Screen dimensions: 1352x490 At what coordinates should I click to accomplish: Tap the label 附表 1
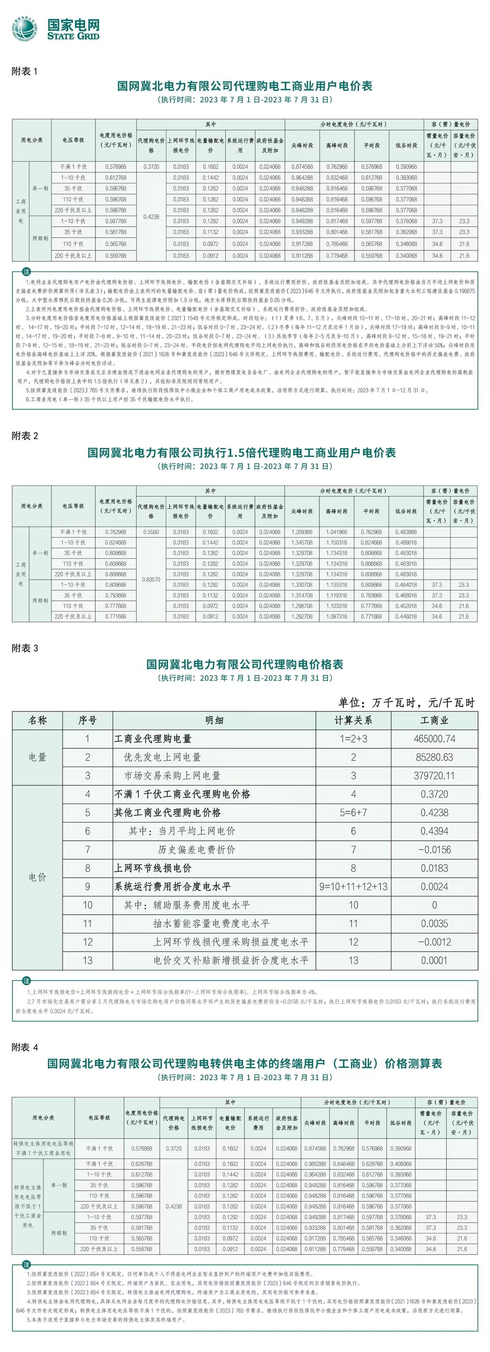tap(24, 71)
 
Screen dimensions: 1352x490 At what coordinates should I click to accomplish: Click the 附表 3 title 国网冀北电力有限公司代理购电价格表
tap(245, 664)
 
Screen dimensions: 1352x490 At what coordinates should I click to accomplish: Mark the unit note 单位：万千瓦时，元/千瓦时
tap(406, 702)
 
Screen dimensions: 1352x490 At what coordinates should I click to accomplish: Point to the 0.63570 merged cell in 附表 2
tap(151, 579)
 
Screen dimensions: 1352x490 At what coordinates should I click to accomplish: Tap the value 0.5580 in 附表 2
tap(151, 532)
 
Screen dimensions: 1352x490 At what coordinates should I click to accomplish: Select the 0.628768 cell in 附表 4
tap(142, 1164)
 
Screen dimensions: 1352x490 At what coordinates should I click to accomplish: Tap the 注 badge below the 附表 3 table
tap(26, 981)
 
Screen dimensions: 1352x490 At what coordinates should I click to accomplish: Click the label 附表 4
tap(24, 1048)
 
